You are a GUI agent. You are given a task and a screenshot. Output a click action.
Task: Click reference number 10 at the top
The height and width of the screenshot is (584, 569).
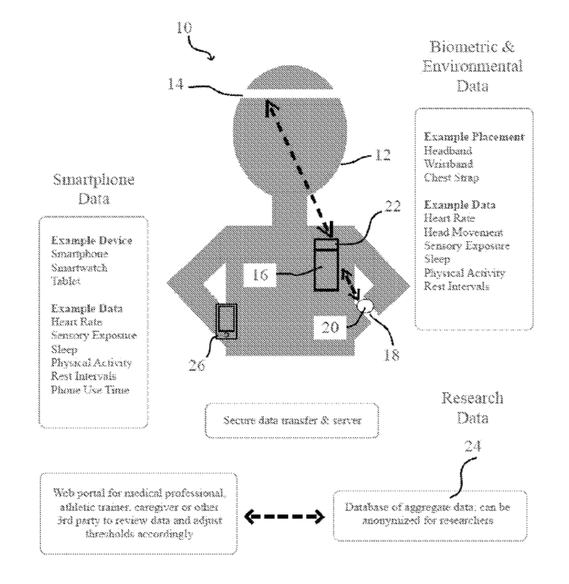[x=184, y=27]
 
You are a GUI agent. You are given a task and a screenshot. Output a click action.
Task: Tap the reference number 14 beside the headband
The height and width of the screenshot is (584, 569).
[x=176, y=84]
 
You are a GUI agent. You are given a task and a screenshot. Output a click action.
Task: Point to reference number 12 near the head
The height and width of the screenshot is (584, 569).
[x=382, y=155]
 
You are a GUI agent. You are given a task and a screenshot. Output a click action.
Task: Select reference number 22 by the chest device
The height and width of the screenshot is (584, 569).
[x=393, y=206]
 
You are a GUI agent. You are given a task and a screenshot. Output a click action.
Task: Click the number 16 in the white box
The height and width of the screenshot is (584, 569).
[x=260, y=275]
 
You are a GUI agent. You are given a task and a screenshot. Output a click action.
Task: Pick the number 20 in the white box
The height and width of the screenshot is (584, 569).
[x=330, y=328]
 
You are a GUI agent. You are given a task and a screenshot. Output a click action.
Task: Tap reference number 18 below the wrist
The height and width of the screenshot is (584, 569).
[x=392, y=355]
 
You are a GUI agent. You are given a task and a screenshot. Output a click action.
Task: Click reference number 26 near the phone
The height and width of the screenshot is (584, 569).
[x=197, y=365]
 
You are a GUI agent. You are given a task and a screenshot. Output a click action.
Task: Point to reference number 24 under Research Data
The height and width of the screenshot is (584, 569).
[x=472, y=446]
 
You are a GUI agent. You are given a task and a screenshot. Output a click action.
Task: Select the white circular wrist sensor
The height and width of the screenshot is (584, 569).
[x=365, y=306]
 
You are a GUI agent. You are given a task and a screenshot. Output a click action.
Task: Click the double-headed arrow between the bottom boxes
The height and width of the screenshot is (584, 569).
[x=284, y=517]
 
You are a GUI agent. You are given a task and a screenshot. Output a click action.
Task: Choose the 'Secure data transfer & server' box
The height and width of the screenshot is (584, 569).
[x=292, y=420]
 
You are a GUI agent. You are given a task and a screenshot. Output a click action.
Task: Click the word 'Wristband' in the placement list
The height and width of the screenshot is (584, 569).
[x=449, y=164]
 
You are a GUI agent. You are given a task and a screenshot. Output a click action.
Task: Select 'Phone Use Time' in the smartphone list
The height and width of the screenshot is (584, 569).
[x=90, y=390]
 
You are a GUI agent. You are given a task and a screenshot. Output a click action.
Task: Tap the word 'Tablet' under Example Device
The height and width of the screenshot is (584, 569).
[x=65, y=281]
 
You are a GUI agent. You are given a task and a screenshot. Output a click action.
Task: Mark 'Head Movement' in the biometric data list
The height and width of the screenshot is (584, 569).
[x=463, y=232]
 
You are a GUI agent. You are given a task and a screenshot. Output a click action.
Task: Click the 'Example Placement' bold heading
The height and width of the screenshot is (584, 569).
[x=474, y=137]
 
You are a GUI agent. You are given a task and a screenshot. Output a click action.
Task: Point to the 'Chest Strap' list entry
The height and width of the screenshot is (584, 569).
[x=451, y=177]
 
